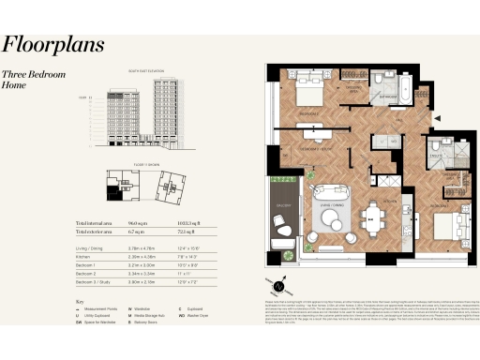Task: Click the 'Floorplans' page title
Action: coord(52,45)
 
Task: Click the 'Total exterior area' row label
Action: coord(97,230)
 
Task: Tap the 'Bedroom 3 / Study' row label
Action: coord(95,279)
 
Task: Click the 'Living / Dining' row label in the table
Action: coord(91,245)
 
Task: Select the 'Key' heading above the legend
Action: coord(79,301)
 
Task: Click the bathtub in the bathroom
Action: coord(400,93)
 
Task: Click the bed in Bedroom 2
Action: coord(448,224)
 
